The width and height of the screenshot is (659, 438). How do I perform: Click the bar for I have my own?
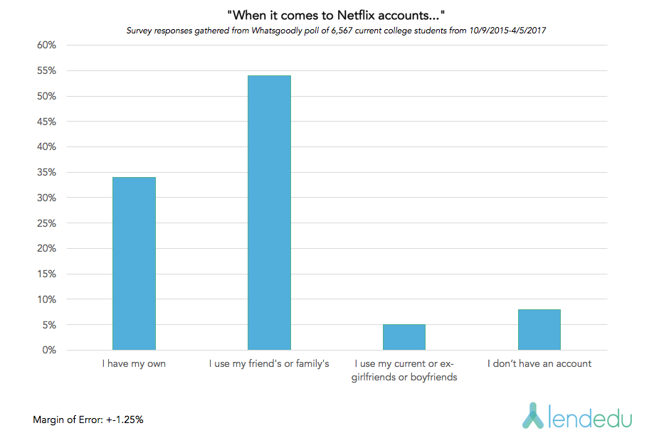135,263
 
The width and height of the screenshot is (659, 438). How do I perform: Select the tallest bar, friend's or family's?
270,213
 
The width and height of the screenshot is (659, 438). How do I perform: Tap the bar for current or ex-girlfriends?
404,337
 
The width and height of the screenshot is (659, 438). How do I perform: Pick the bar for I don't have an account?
539,329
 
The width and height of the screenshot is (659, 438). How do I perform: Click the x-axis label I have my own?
135,364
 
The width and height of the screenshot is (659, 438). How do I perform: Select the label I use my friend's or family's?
270,364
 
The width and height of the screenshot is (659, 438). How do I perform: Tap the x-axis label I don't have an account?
539,364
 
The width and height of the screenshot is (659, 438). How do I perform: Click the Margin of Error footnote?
88,420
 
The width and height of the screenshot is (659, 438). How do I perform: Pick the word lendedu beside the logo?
591,417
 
